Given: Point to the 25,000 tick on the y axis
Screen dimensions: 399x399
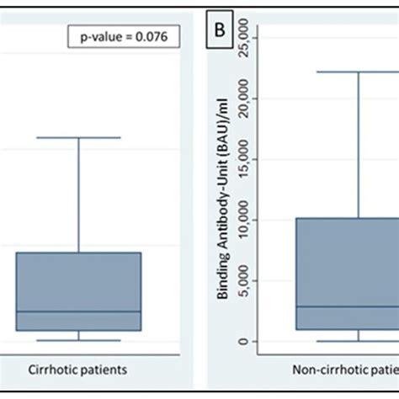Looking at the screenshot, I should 242,38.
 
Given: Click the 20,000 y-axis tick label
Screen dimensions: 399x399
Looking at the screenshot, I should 242,98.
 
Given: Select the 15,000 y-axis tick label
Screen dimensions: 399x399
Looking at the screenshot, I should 242,159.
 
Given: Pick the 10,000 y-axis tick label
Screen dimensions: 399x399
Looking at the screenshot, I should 242,220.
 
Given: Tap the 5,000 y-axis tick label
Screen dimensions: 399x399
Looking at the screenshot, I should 242,280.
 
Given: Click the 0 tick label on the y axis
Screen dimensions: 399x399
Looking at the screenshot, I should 242,341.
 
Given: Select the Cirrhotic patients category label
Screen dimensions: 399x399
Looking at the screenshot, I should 78,369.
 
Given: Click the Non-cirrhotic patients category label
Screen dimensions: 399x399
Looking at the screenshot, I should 345,369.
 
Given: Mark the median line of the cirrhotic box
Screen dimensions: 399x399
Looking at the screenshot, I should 78,311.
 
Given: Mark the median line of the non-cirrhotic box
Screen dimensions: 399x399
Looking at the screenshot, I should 345,306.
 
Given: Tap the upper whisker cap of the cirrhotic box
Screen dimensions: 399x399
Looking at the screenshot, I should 78,137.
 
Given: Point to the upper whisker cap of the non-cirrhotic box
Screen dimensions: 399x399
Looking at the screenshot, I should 359,72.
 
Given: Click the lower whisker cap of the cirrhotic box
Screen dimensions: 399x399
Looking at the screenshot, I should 78,340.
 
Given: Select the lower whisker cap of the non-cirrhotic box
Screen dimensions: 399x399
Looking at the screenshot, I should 359,341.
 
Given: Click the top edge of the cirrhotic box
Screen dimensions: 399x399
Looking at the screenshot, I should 78,253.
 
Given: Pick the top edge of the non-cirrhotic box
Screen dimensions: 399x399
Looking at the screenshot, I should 345,219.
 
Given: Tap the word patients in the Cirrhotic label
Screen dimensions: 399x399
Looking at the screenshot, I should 104,369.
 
